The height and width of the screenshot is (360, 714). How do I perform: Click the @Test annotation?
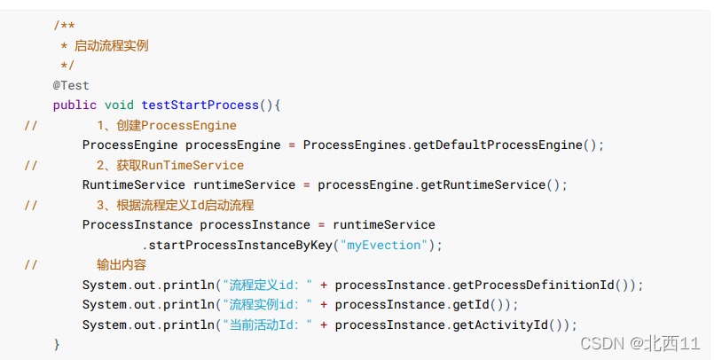71,85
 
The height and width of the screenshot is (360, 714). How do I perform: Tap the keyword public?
75,106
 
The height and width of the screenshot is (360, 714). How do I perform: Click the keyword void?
119,106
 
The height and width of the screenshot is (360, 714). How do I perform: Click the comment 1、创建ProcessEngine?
167,125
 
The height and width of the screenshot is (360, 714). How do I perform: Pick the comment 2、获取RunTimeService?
170,165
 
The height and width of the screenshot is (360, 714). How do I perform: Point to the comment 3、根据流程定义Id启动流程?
176,205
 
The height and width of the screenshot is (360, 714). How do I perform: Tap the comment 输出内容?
122,264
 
